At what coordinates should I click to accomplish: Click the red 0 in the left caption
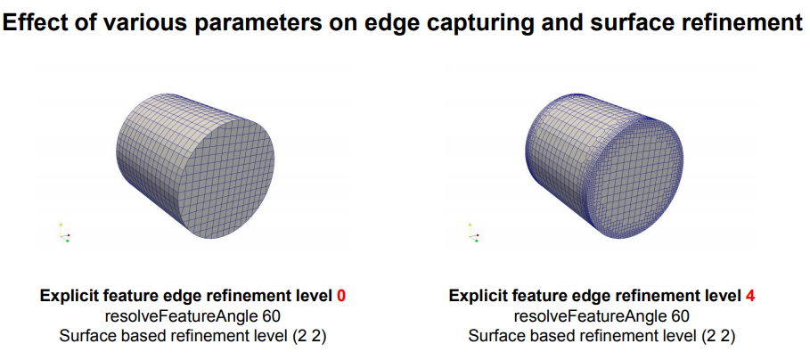pos(341,296)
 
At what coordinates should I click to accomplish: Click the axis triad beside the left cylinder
pos(64,233)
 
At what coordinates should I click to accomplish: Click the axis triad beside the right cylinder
pos(472,233)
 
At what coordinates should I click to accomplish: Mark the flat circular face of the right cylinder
pos(636,178)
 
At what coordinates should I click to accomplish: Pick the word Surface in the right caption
pos(494,336)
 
